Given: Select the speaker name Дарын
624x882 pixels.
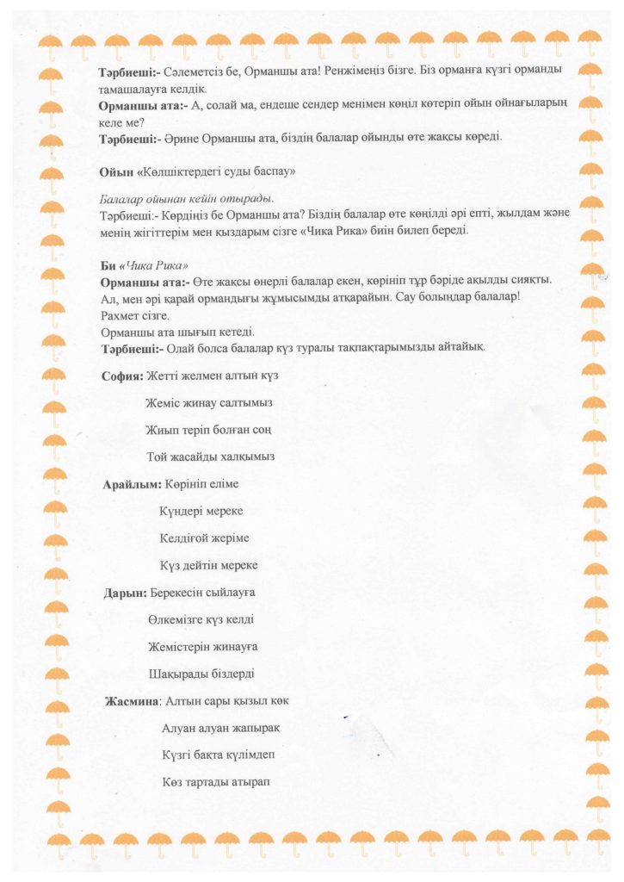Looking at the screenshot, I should [123, 593].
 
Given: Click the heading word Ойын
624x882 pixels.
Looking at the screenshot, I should [114, 171].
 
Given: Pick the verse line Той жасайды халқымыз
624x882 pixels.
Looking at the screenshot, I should [211, 457].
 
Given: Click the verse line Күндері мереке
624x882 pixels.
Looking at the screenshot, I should [201, 511].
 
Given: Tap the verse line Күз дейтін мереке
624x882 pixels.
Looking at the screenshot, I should [208, 565].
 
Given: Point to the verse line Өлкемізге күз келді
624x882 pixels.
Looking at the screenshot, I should [201, 619].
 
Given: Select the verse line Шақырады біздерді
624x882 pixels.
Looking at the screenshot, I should [201, 674].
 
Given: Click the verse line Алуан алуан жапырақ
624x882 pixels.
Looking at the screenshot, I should [221, 728].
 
